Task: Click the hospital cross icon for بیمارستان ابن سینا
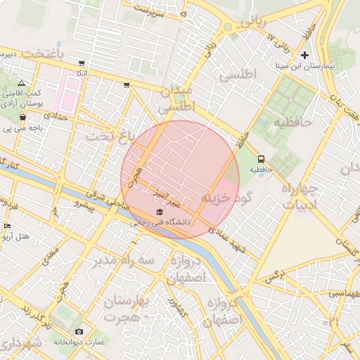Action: click(304, 55)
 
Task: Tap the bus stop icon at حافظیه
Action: click(262, 159)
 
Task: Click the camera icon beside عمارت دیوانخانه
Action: click(79, 331)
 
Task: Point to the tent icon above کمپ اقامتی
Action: click(21, 83)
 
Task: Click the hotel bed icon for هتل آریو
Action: click(8, 226)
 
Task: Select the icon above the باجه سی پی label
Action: click(23, 117)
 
